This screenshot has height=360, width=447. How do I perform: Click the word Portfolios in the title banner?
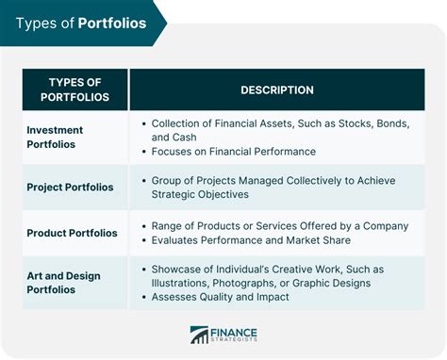click(x=112, y=23)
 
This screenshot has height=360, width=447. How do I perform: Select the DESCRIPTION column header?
click(x=276, y=90)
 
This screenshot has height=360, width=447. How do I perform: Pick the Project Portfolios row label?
click(x=71, y=187)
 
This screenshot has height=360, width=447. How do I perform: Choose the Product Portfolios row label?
click(x=73, y=233)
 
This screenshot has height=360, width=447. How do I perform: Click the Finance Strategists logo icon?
click(x=199, y=334)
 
